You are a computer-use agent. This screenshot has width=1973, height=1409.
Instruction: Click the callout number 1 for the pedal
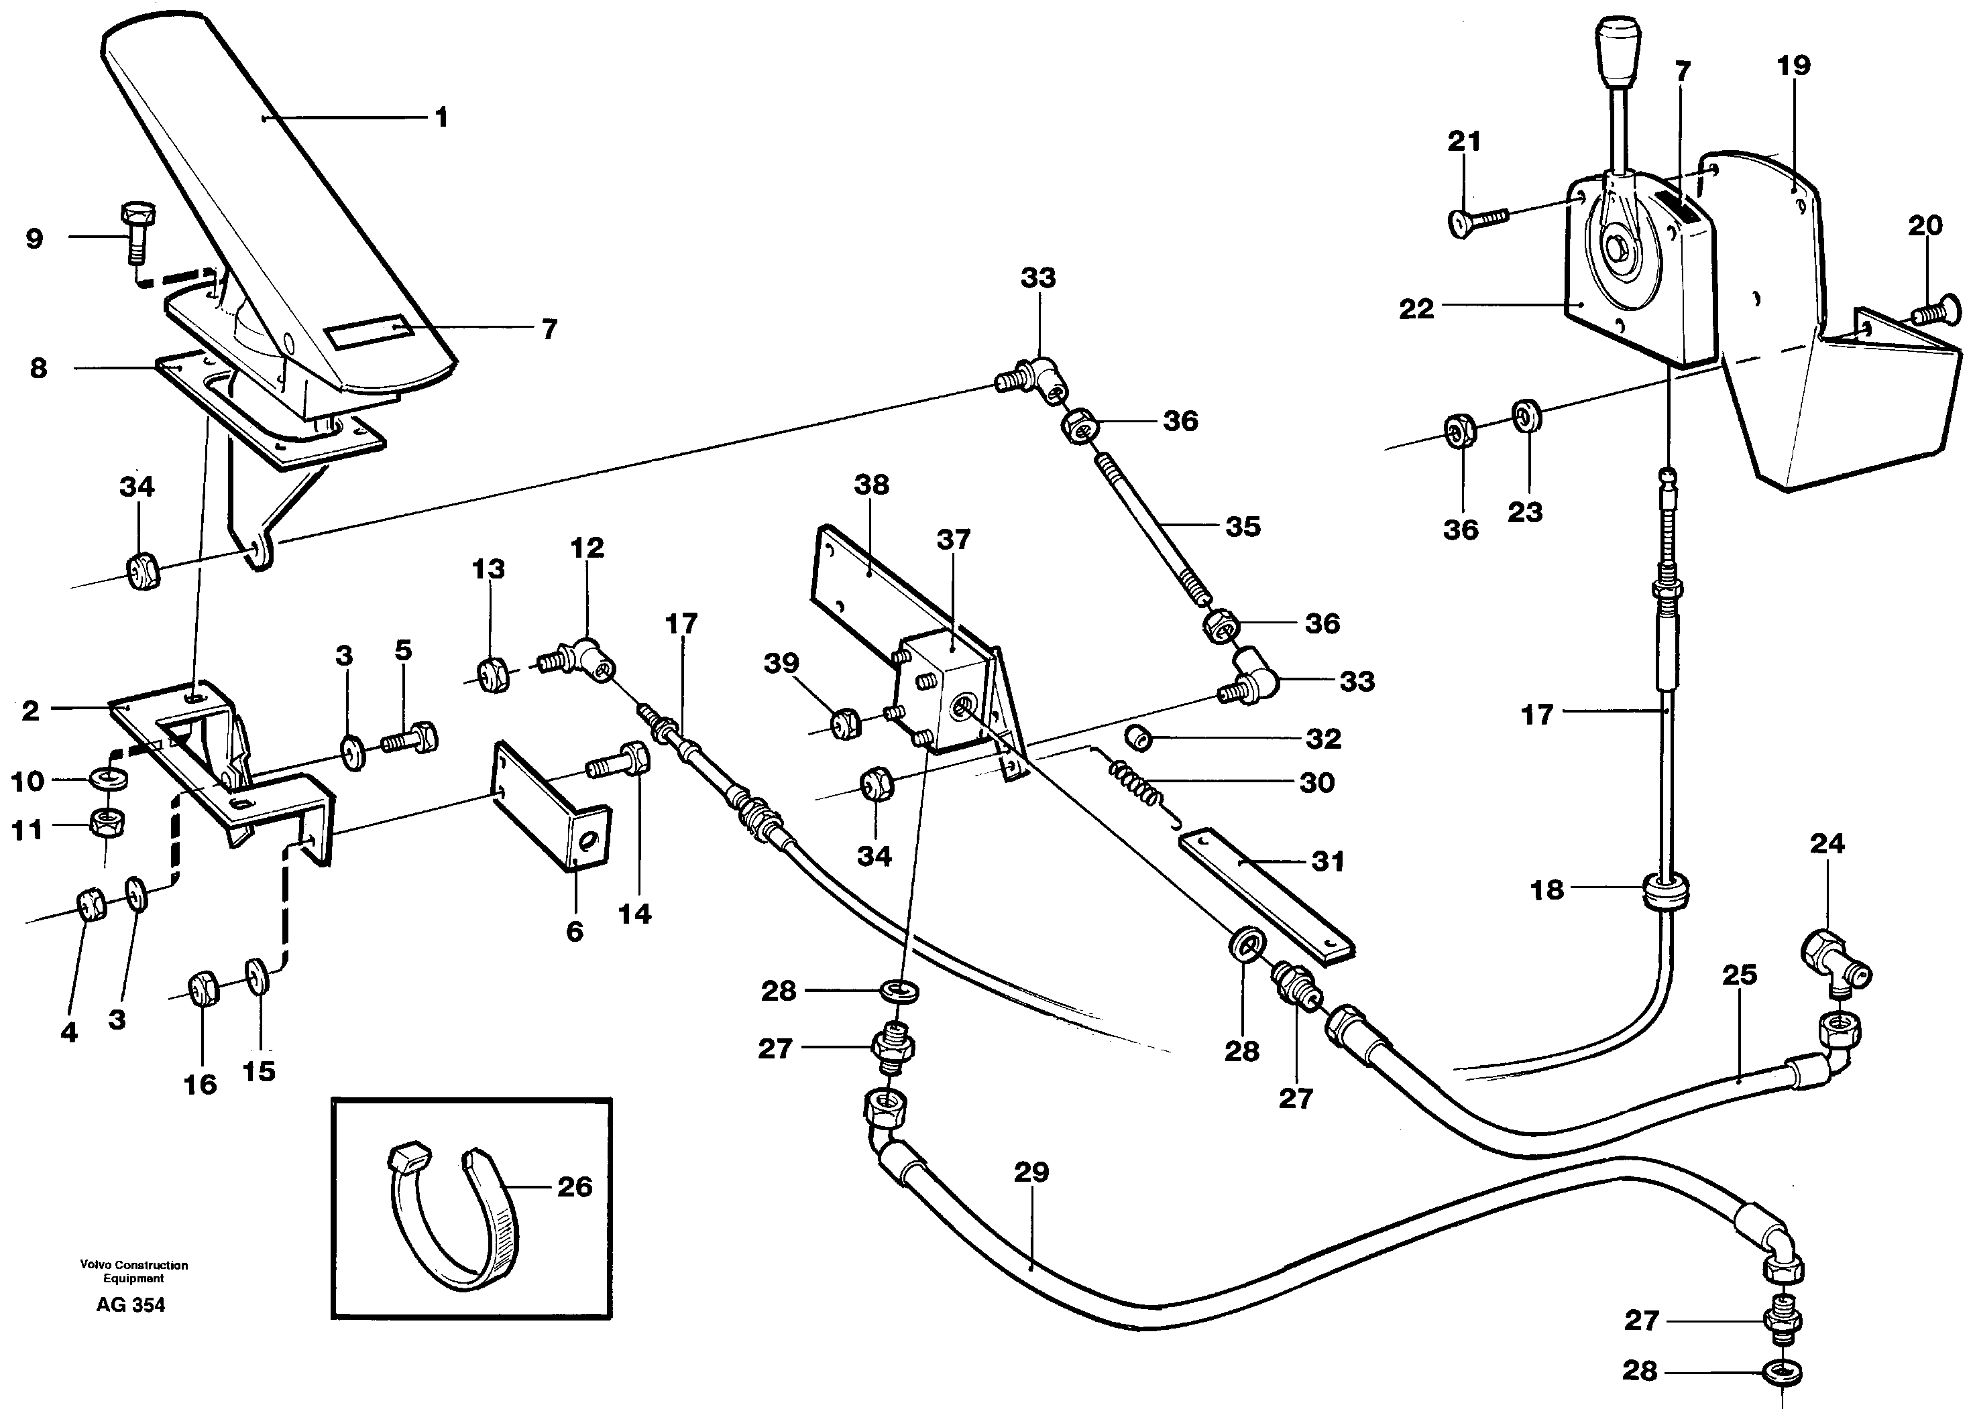point(441,117)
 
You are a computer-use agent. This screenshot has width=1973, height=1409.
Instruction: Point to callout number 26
point(574,1187)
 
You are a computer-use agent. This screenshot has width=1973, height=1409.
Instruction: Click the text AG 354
point(130,1305)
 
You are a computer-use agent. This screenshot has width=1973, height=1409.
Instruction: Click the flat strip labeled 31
point(1263,898)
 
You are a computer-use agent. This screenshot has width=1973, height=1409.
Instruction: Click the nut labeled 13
point(494,675)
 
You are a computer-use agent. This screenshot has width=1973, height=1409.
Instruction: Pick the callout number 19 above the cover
point(1793,66)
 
